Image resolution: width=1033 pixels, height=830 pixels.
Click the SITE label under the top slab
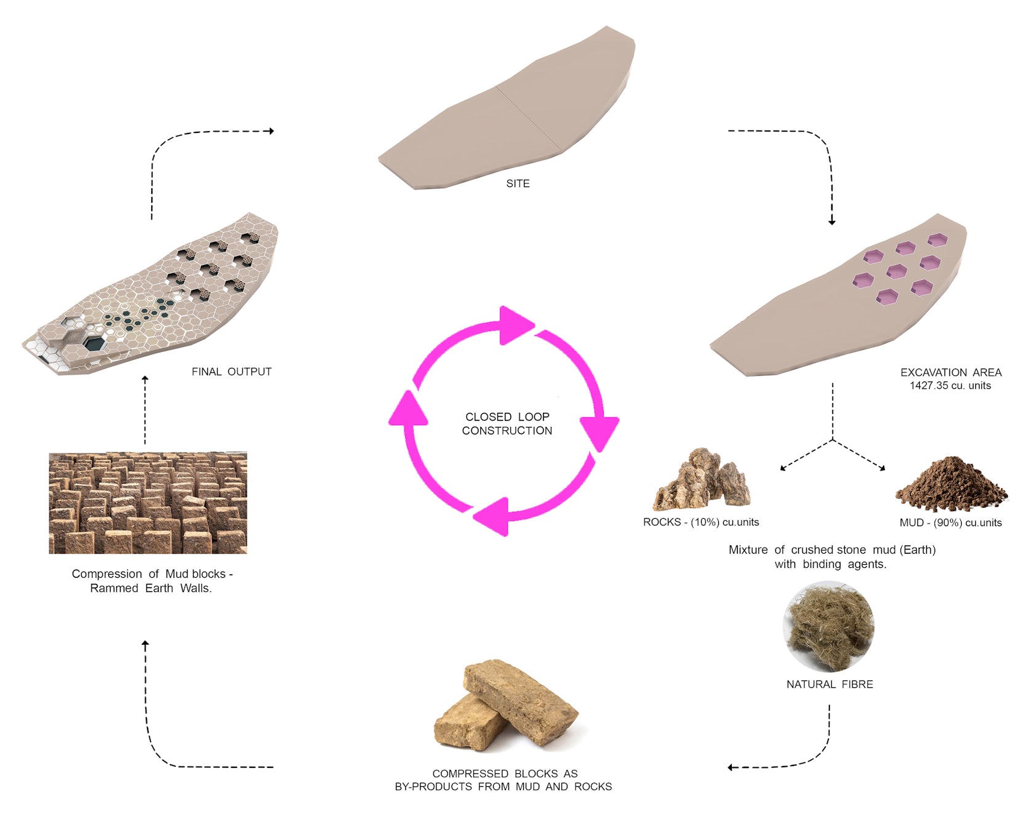click(518, 183)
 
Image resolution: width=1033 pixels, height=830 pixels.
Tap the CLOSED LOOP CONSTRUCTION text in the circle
click(507, 424)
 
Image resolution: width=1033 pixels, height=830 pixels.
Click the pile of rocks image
click(703, 480)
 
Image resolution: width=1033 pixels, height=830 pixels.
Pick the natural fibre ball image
click(829, 628)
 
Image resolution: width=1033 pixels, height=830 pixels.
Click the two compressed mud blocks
click(507, 705)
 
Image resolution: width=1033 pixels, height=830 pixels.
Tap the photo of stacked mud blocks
click(148, 503)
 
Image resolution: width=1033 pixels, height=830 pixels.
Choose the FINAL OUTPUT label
click(231, 372)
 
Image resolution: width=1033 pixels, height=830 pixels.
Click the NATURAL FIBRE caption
click(829, 684)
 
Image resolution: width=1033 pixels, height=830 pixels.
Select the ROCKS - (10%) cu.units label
click(701, 522)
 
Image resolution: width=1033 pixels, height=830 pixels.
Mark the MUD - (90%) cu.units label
click(951, 523)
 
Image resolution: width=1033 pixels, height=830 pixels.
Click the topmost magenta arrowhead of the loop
click(515, 324)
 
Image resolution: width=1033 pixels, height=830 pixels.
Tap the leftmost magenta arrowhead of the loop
click(408, 409)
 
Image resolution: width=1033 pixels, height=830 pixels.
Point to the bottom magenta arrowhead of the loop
click(494, 515)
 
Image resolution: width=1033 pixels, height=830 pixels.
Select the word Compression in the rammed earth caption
click(107, 574)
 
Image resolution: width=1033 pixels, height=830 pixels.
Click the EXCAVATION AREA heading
click(951, 372)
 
